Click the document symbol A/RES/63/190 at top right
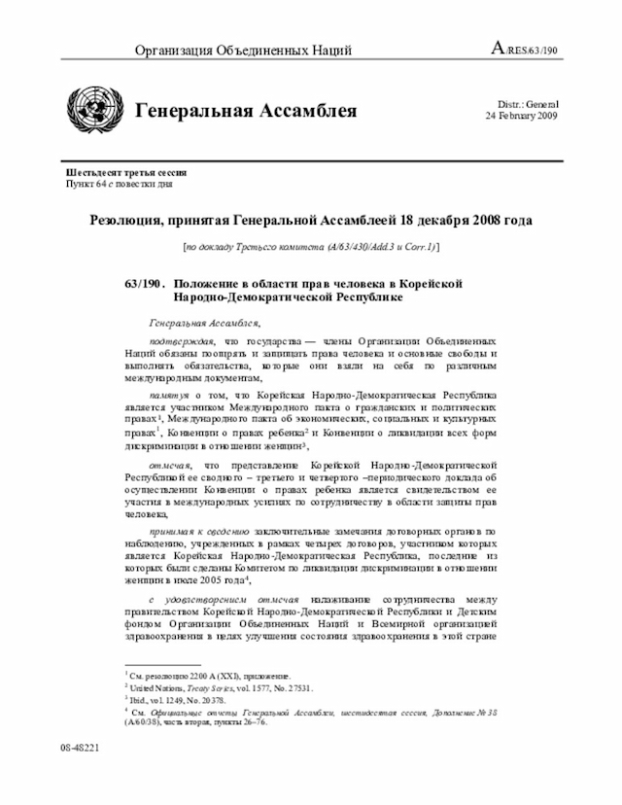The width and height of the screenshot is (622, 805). pos(524,50)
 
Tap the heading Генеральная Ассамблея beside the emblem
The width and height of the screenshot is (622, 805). pos(245,111)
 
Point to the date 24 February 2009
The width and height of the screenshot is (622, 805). pos(522,116)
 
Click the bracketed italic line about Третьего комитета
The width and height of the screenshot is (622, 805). pos(311,249)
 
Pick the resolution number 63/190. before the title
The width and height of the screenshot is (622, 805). pos(143,282)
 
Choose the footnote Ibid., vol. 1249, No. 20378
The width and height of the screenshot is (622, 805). pos(176,699)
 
